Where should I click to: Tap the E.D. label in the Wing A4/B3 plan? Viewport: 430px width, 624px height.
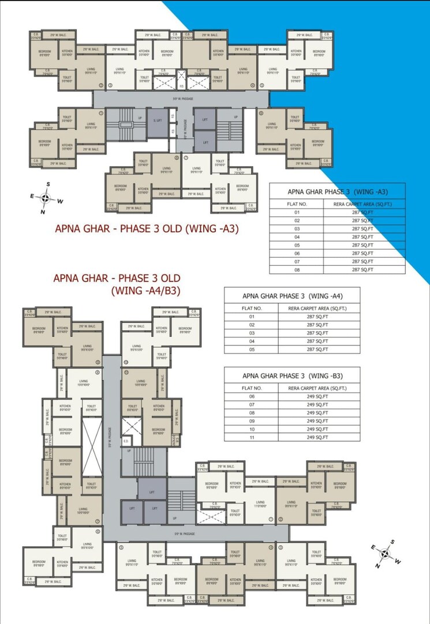(126, 442)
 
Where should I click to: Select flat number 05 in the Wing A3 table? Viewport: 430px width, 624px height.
(297, 245)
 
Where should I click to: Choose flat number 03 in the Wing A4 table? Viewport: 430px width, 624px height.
(252, 333)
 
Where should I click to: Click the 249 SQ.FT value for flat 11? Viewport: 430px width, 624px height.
(317, 438)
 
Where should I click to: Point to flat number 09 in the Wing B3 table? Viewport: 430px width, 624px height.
(252, 421)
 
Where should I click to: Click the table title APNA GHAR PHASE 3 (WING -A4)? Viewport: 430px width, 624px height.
(292, 296)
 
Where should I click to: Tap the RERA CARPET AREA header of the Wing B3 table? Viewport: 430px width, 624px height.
(317, 388)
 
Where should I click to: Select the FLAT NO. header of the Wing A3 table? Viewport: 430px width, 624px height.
(297, 204)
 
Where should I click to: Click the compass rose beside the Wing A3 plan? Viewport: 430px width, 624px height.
(46, 198)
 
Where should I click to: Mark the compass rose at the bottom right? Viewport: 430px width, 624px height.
(384, 554)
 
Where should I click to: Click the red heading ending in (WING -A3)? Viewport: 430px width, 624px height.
(147, 228)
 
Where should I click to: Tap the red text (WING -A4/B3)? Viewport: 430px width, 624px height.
(146, 291)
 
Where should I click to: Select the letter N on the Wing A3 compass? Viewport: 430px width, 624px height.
(42, 212)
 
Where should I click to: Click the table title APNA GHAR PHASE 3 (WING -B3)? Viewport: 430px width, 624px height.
(292, 375)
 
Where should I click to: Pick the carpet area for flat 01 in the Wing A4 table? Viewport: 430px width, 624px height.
(317, 317)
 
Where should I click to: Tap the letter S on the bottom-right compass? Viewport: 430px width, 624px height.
(392, 542)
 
